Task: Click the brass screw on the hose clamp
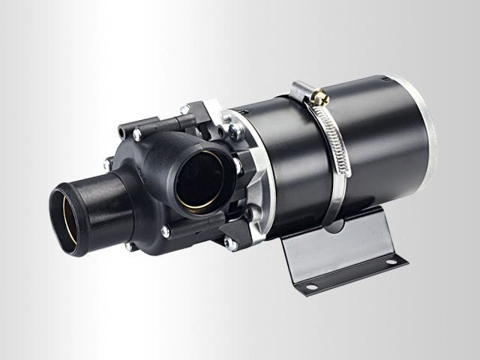tap(321, 97)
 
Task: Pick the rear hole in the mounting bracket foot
tap(391, 262)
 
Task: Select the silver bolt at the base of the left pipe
tap(109, 164)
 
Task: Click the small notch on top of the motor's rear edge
tap(385, 77)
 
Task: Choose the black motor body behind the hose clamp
tap(375, 150)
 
